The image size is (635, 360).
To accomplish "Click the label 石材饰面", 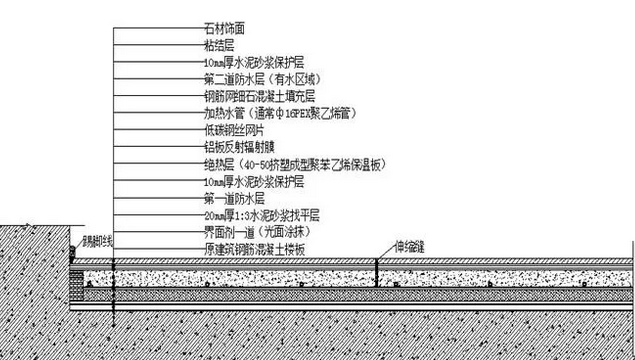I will pyautogui.click(x=223, y=30).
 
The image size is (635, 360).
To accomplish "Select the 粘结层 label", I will pyautogui.click(x=218, y=45).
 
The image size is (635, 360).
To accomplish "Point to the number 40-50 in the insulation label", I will pyautogui.click(x=254, y=163).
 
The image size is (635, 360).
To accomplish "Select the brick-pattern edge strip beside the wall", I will pyautogui.click(x=74, y=281).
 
